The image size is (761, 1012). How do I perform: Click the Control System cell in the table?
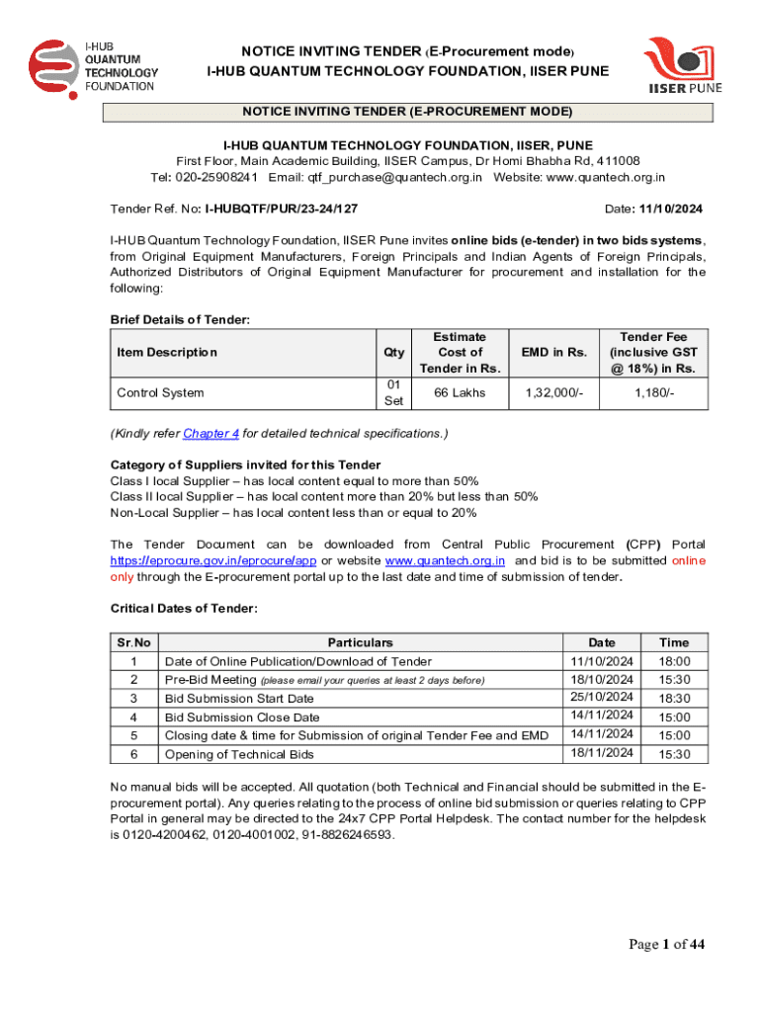click(160, 392)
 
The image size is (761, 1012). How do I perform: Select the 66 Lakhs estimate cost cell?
click(460, 392)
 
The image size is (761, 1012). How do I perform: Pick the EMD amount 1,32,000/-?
click(549, 392)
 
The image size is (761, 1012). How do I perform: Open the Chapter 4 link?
click(211, 433)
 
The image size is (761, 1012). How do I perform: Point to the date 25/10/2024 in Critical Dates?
click(601, 698)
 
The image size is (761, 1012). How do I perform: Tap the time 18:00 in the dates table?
click(674, 661)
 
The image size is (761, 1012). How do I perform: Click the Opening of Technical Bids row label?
click(239, 754)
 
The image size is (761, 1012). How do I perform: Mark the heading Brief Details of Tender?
click(180, 319)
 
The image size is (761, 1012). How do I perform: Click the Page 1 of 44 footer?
click(667, 945)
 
